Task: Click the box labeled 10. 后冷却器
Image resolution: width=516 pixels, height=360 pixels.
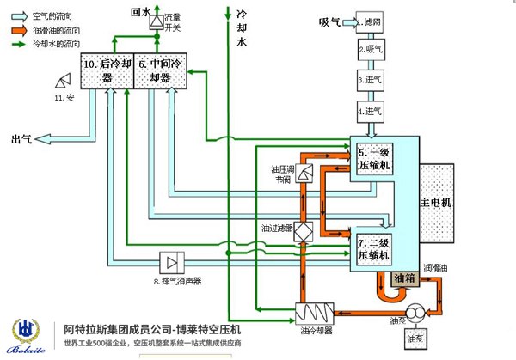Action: tap(107, 71)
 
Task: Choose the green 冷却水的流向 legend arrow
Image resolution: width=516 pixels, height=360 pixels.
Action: tap(18, 41)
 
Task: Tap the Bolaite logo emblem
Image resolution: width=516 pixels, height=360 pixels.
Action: tap(28, 330)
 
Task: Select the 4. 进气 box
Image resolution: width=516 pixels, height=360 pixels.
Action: tap(372, 110)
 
